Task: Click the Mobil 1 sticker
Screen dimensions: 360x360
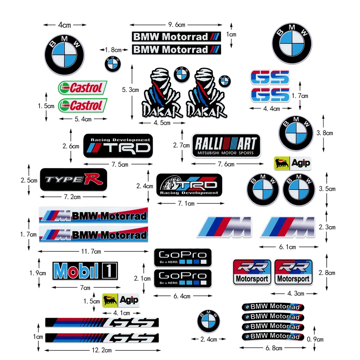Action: point(85,271)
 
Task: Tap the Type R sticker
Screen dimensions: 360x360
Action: point(73,179)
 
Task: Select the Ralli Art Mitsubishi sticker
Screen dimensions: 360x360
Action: point(226,145)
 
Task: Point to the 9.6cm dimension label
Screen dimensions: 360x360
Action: point(176,25)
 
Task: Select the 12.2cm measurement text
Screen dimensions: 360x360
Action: point(102,350)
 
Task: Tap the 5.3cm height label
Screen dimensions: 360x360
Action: point(130,90)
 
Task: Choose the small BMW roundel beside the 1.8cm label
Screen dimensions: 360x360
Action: point(113,64)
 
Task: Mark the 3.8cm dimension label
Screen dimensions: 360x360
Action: point(324,133)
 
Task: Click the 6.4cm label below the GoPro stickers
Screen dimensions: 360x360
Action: point(182,296)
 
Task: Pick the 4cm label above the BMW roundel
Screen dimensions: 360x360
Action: point(64,25)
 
